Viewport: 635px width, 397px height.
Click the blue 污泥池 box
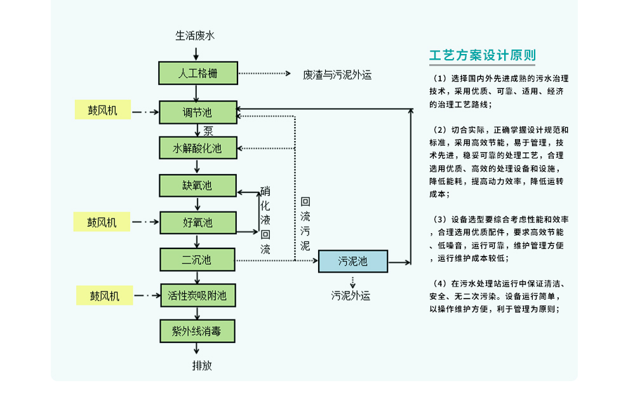point(352,261)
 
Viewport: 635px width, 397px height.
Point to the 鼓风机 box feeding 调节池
point(103,111)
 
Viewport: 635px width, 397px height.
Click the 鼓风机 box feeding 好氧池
point(103,222)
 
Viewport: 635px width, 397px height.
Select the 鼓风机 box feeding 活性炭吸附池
point(104,295)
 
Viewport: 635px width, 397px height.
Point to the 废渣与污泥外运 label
point(337,75)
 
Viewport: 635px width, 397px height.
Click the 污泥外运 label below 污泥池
point(351,295)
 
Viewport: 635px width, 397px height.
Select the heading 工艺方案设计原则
point(483,55)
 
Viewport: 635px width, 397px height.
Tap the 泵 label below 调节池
point(208,131)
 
